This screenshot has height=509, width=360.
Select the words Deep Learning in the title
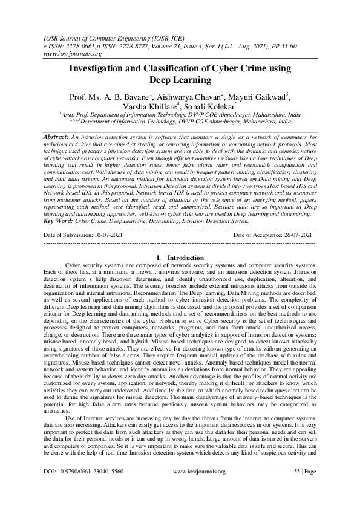coord(180,80)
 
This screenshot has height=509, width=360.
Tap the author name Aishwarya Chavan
coord(186,96)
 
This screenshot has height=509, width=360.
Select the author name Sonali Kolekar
coord(203,107)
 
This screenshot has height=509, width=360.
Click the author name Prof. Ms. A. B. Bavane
coord(110,96)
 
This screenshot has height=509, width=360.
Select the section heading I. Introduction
coord(180,258)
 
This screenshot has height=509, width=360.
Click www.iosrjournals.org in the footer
coord(199,488)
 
